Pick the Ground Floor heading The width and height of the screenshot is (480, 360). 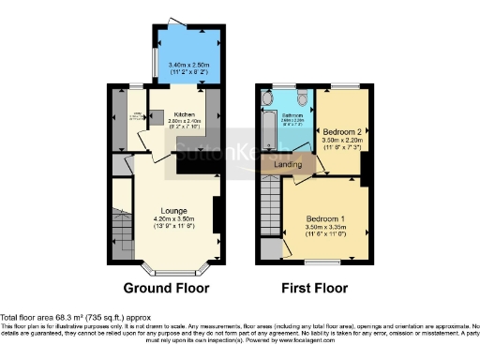(x=167, y=288)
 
